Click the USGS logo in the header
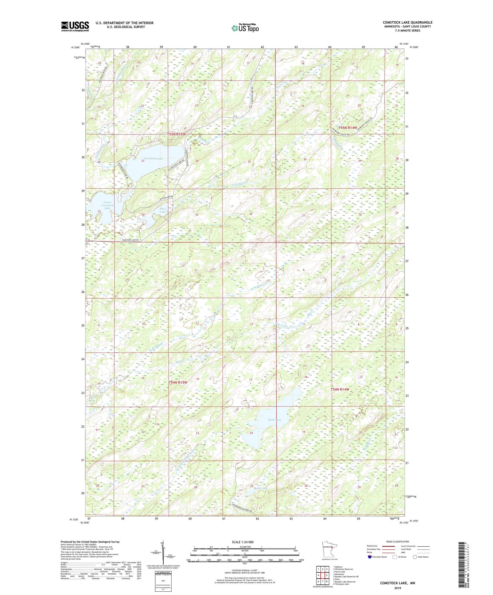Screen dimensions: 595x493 click(75, 26)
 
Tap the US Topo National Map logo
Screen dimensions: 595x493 click(245, 28)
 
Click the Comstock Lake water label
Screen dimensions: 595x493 click(153, 159)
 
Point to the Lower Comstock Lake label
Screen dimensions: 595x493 click(107, 205)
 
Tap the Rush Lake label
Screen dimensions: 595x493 click(274, 419)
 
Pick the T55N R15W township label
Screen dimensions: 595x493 click(176, 134)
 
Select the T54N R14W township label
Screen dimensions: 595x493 click(340, 389)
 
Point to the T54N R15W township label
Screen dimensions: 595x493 click(178, 382)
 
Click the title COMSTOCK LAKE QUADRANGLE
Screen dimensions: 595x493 click(407, 22)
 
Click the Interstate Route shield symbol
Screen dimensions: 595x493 click(369, 557)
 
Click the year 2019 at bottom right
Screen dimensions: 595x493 click(397, 585)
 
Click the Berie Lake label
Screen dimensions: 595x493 click(260, 488)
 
